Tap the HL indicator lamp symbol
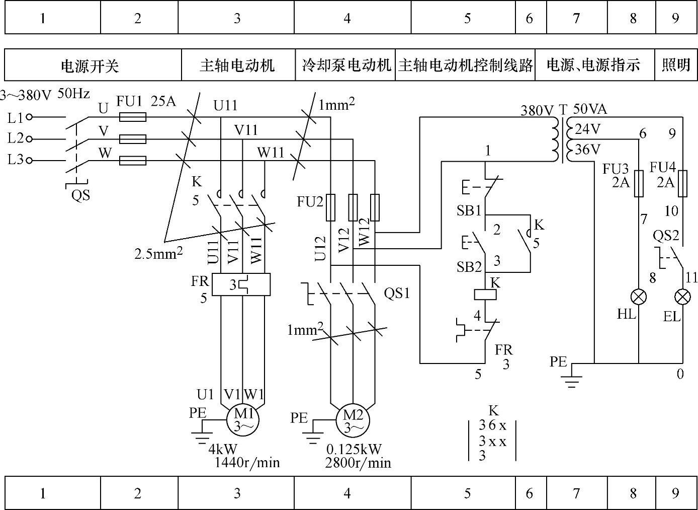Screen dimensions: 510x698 click(x=639, y=297)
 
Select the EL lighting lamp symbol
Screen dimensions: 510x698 click(x=682, y=297)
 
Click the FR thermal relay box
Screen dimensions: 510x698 click(x=241, y=284)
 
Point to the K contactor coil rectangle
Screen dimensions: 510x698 click(x=486, y=294)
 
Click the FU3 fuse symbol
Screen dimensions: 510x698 click(x=639, y=183)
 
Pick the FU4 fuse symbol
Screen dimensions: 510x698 click(x=682, y=183)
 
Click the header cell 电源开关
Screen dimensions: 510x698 click(x=91, y=65)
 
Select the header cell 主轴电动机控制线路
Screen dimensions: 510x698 click(x=465, y=65)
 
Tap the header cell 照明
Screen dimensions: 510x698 click(x=676, y=65)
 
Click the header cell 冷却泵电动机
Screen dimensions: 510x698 click(x=346, y=65)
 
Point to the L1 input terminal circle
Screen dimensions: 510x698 click(x=29, y=117)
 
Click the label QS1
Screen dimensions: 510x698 click(x=397, y=293)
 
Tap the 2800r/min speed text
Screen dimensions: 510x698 click(x=358, y=463)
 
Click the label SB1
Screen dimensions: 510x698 click(x=469, y=210)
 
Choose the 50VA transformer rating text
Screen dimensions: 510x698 click(x=590, y=109)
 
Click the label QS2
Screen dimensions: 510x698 click(x=666, y=235)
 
